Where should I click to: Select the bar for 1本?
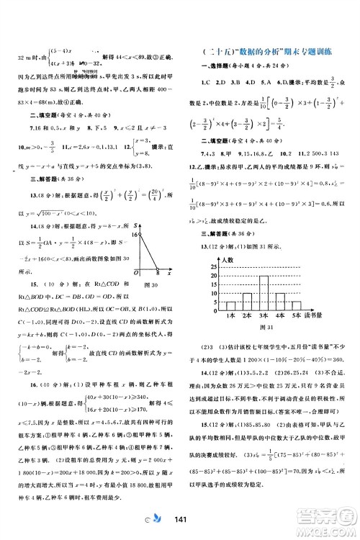[231, 306]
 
